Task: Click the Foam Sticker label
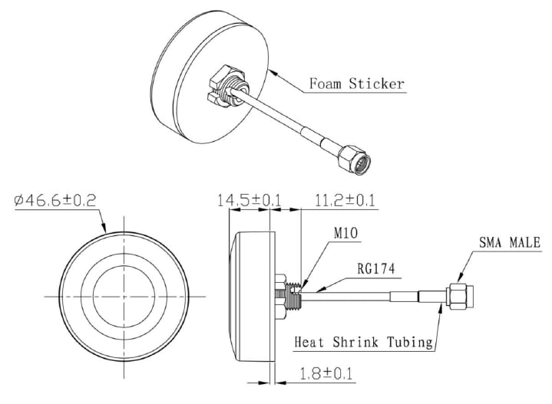pos(356,83)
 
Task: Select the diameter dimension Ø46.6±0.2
pos(55,201)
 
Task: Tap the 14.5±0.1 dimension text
pos(250,201)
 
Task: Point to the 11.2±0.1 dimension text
pos(345,201)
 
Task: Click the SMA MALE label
pos(510,243)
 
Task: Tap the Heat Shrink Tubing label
pos(363,342)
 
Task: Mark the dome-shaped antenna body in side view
pos(252,295)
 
